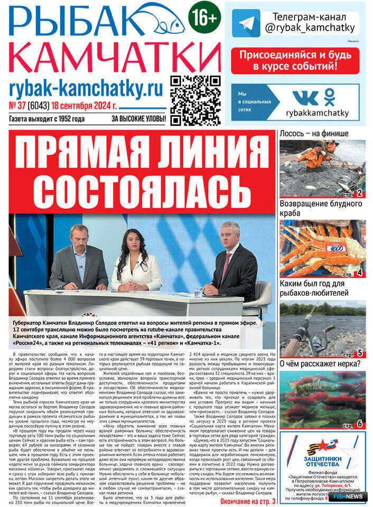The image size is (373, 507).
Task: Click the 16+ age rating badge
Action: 204,18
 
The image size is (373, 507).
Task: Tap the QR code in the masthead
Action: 195,100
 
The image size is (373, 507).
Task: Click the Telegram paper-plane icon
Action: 246,23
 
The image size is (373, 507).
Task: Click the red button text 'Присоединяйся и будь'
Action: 295,55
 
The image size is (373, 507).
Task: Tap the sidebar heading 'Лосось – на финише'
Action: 313,134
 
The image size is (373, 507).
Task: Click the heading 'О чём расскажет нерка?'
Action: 320,363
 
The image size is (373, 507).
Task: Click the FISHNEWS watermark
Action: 348,496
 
